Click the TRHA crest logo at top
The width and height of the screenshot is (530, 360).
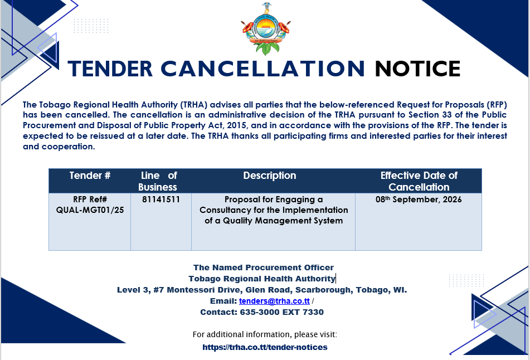tap(266, 29)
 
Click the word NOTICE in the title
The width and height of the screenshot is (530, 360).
tap(417, 69)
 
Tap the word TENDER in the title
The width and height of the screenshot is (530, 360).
tap(110, 69)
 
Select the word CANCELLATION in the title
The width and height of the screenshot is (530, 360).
tap(262, 69)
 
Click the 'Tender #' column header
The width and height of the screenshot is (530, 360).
tap(90, 176)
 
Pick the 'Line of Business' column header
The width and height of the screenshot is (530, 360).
tap(158, 181)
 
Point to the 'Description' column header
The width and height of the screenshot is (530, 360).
tap(270, 176)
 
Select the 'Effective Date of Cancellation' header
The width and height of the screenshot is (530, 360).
tap(419, 181)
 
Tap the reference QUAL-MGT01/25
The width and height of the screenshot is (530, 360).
tap(90, 210)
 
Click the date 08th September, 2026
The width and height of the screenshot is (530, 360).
tap(419, 200)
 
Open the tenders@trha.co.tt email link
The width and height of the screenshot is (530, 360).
tap(274, 301)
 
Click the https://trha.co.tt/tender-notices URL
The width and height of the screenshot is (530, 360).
tap(265, 347)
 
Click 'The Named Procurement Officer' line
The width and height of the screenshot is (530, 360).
tap(263, 267)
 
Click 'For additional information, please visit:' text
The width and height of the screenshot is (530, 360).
tap(265, 335)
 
